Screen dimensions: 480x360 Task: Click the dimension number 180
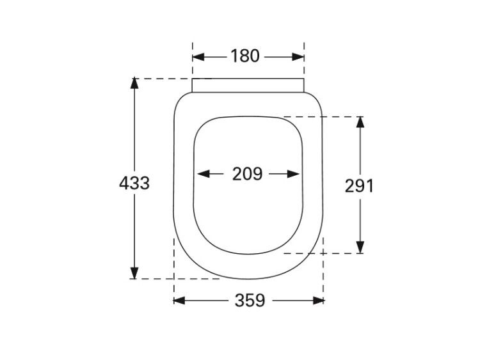click(245, 56)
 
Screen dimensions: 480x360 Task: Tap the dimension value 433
click(134, 184)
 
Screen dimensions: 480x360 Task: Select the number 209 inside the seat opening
click(247, 174)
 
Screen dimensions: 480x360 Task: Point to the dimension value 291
click(360, 186)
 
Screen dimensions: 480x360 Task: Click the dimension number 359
click(250, 301)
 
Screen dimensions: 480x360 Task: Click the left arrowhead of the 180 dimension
click(198, 57)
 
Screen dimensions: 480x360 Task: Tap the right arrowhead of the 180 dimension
click(298, 57)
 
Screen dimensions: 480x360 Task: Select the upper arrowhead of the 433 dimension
click(134, 84)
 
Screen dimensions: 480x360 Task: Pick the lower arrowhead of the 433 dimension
click(134, 273)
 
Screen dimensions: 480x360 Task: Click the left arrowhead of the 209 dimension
click(204, 174)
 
